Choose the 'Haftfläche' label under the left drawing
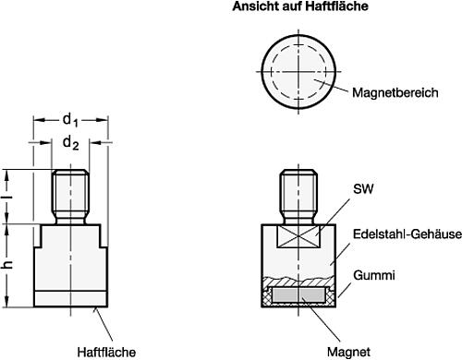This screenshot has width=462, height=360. pos(107,352)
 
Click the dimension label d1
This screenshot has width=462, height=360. pos(70,118)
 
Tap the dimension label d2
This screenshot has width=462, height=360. pos(70,143)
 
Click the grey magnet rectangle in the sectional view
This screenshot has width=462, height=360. pos(298,294)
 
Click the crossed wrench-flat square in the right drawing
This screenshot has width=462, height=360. pos(298,238)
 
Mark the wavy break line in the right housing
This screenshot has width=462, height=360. pos(298,279)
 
